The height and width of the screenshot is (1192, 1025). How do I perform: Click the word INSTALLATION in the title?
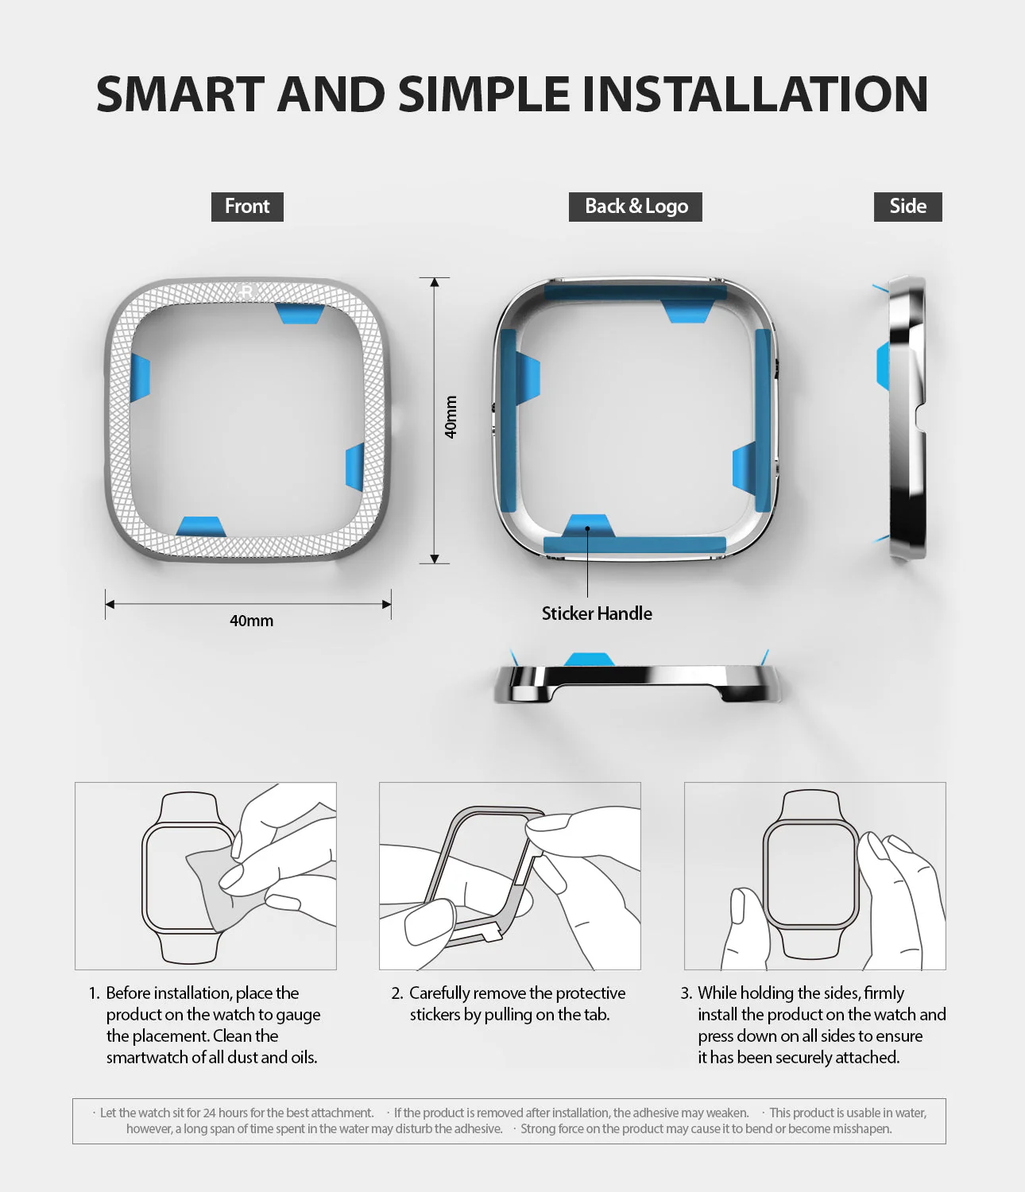tap(755, 94)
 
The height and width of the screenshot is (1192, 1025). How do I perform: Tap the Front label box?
tap(247, 207)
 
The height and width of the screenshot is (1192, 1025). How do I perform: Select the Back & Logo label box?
tap(636, 207)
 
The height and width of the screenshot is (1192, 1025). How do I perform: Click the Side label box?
tap(908, 207)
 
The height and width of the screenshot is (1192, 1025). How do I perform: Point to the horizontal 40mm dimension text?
tap(251, 621)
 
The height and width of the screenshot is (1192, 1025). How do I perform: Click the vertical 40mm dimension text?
tap(451, 417)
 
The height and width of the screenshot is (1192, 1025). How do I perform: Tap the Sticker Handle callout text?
tap(597, 613)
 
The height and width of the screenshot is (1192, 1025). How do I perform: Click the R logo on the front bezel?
tap(246, 291)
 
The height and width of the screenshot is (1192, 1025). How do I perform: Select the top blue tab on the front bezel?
tap(300, 313)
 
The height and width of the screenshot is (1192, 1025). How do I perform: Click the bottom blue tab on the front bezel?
tap(200, 527)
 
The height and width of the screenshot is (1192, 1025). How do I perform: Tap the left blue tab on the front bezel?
tap(140, 377)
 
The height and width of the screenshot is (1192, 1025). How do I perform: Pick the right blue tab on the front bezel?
tap(355, 467)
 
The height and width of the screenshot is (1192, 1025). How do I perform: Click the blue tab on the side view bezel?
tap(884, 366)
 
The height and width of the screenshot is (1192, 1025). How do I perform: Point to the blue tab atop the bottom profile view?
tap(589, 659)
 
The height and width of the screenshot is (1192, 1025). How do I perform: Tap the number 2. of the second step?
tap(397, 993)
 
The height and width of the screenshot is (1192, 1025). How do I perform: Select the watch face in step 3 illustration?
tap(810, 875)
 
